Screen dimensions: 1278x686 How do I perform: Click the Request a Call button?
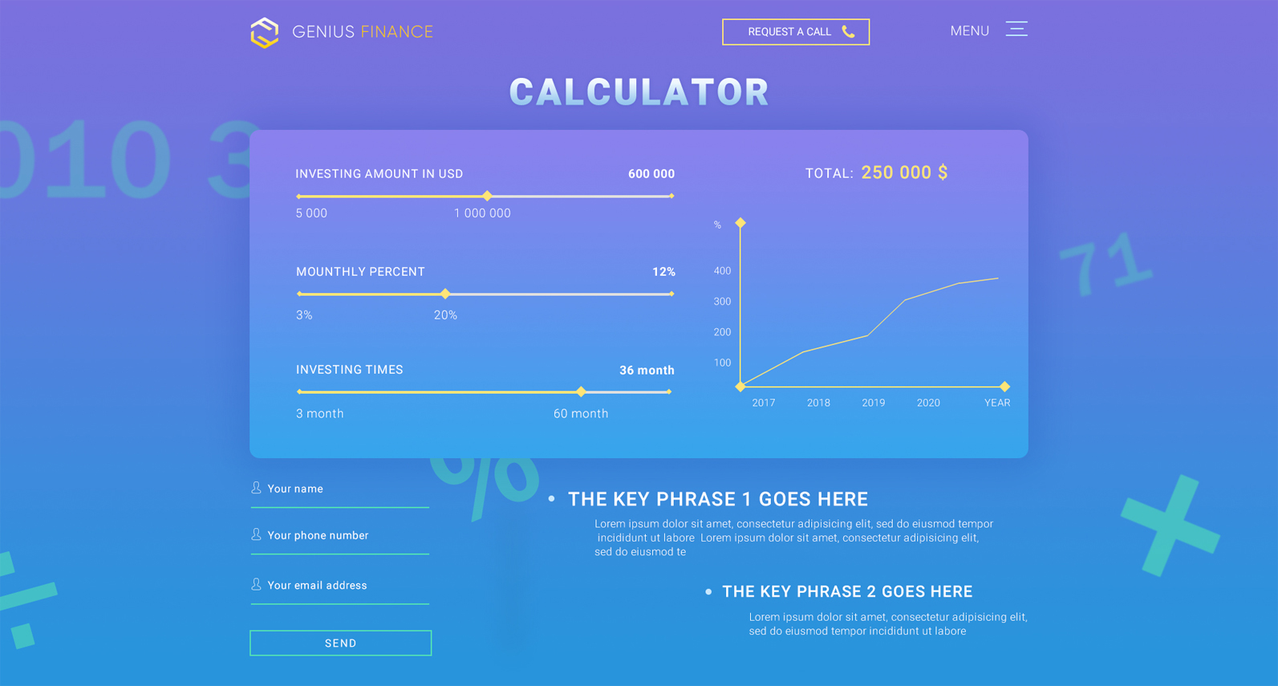pyautogui.click(x=795, y=32)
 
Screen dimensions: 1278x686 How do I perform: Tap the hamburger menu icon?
pyautogui.click(x=1016, y=29)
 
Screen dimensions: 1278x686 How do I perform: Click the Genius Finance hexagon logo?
pyautogui.click(x=265, y=33)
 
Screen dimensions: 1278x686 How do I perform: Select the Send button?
pyautogui.click(x=341, y=643)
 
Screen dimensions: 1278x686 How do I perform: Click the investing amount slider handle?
pyautogui.click(x=487, y=197)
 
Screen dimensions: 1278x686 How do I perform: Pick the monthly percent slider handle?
pyautogui.click(x=445, y=294)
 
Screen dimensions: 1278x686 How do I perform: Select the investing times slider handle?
pyautogui.click(x=581, y=392)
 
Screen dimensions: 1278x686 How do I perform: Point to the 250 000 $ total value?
pyautogui.click(x=904, y=173)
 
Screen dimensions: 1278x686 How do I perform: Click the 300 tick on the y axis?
pyautogui.click(x=722, y=302)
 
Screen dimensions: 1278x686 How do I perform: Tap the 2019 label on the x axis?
pyautogui.click(x=874, y=403)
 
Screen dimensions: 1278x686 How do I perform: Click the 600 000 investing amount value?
pyautogui.click(x=651, y=174)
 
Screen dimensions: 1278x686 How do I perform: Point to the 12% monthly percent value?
pyautogui.click(x=663, y=272)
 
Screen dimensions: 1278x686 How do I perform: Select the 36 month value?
pyautogui.click(x=647, y=371)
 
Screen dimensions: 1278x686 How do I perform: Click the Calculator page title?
pyautogui.click(x=639, y=92)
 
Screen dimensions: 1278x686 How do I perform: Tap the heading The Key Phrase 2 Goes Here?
pyautogui.click(x=847, y=592)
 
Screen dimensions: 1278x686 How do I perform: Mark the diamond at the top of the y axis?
pyautogui.click(x=740, y=222)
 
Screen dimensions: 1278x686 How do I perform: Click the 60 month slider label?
pyautogui.click(x=581, y=414)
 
